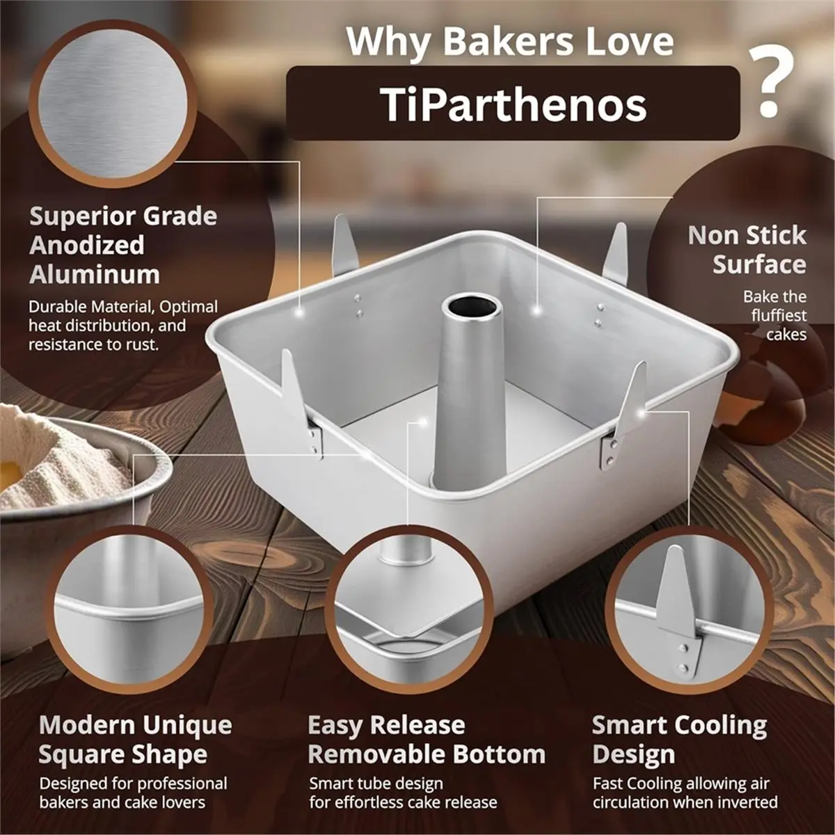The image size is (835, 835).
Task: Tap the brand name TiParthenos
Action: pyautogui.click(x=514, y=104)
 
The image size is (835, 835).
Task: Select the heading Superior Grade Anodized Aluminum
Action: pyautogui.click(x=122, y=245)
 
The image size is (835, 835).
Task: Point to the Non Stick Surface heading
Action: pyautogui.click(x=747, y=250)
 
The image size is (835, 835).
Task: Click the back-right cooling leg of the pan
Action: pyautogui.click(x=615, y=253)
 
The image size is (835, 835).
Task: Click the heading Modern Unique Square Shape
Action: pyautogui.click(x=135, y=739)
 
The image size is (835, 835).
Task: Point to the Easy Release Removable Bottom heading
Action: pyautogui.click(x=426, y=740)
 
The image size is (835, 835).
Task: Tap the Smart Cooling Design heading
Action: pyautogui.click(x=679, y=740)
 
